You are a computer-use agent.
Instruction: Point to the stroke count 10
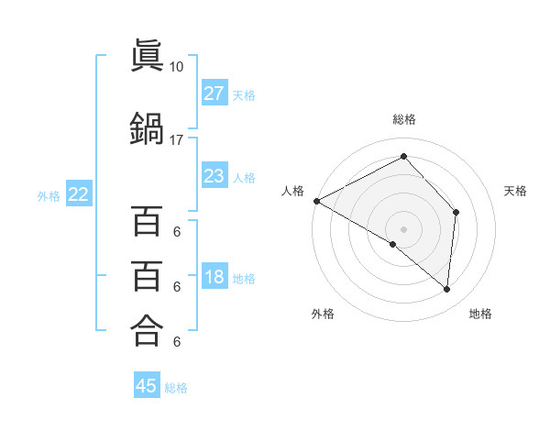click(177, 67)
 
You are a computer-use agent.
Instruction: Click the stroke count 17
click(177, 139)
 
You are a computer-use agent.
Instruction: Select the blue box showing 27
click(214, 94)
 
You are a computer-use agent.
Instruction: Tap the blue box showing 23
click(214, 176)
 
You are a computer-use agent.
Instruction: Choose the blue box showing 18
click(214, 278)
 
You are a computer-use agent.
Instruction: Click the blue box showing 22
click(79, 194)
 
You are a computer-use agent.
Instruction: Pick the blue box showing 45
click(147, 387)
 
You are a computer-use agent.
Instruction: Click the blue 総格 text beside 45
click(176, 388)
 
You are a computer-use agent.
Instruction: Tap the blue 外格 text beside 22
click(49, 195)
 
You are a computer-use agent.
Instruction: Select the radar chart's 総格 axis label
click(403, 119)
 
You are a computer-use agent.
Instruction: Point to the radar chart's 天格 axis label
click(515, 191)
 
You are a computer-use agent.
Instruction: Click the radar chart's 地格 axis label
click(480, 314)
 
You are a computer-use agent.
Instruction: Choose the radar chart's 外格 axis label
click(323, 314)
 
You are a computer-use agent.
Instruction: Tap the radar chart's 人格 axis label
click(293, 191)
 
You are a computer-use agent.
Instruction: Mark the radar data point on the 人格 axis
click(316, 200)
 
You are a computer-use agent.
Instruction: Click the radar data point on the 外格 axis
click(393, 244)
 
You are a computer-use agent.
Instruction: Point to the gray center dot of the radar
click(403, 228)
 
